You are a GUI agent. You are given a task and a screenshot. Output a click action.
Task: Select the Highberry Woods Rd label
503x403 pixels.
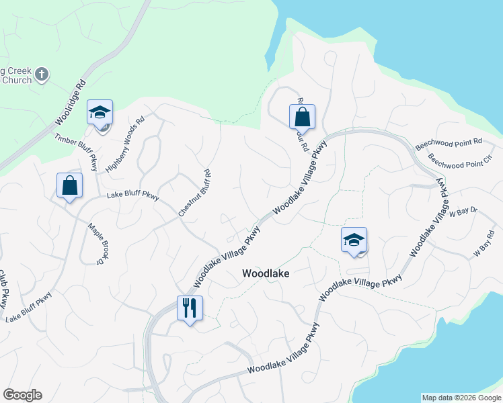pyautogui.click(x=126, y=144)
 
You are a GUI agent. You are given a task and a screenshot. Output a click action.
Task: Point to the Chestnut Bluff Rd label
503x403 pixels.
pyautogui.click(x=195, y=193)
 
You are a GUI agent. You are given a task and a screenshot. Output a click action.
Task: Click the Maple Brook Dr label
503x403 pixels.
pyautogui.click(x=98, y=243)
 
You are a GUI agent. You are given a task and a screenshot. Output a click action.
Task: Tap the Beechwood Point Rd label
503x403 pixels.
pyautogui.click(x=449, y=142)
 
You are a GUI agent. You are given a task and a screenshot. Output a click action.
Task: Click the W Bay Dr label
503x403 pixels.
pyautogui.click(x=464, y=212)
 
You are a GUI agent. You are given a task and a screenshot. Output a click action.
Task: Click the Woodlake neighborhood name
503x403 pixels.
pyautogui.click(x=266, y=274)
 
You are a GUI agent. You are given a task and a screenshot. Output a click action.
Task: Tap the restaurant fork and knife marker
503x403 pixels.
pyautogui.click(x=190, y=308)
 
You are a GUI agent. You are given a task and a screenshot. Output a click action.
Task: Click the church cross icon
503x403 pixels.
pyautogui.click(x=42, y=73)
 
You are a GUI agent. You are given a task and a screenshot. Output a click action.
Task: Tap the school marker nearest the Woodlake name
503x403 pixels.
pyautogui.click(x=354, y=240)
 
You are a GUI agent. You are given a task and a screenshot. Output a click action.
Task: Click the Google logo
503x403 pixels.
pyautogui.click(x=22, y=395)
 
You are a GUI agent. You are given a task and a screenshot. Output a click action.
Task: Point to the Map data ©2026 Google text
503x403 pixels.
pyautogui.click(x=461, y=398)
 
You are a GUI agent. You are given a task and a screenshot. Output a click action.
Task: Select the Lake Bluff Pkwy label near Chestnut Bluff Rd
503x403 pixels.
pyautogui.click(x=133, y=197)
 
